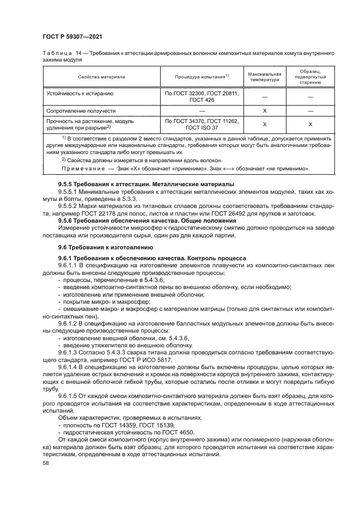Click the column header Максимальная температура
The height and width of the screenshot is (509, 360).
coord(264,77)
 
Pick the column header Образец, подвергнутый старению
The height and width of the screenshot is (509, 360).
coord(310,77)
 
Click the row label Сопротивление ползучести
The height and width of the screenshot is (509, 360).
coord(79,111)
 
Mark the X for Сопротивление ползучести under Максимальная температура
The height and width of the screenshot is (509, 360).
coord(264,111)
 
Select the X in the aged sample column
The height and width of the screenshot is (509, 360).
coord(310,124)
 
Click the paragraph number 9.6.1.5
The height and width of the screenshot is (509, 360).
coord(69,395)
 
